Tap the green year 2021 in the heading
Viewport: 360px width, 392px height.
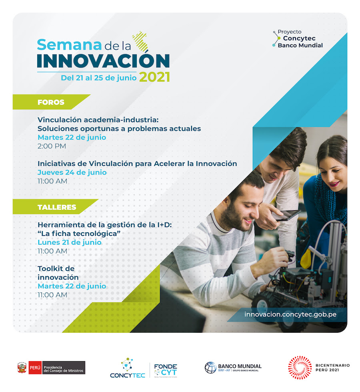click(155, 77)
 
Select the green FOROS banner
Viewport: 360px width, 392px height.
click(51, 102)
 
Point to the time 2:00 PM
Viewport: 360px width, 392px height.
click(52, 146)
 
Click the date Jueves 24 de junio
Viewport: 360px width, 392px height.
click(72, 173)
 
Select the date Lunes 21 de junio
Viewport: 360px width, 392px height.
click(70, 243)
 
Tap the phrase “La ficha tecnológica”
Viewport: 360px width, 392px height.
click(79, 233)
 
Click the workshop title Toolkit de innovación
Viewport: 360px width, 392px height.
click(58, 273)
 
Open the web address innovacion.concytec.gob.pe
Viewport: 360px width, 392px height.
click(290, 314)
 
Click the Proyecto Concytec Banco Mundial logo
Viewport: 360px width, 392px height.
click(298, 38)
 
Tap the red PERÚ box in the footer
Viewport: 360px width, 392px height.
click(35, 368)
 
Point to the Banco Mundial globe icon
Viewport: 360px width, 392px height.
click(210, 368)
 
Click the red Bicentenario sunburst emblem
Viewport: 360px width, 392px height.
click(300, 368)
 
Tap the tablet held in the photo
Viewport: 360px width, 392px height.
click(288, 215)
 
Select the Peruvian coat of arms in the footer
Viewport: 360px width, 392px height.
click(22, 368)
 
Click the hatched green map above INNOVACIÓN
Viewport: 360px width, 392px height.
click(141, 41)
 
